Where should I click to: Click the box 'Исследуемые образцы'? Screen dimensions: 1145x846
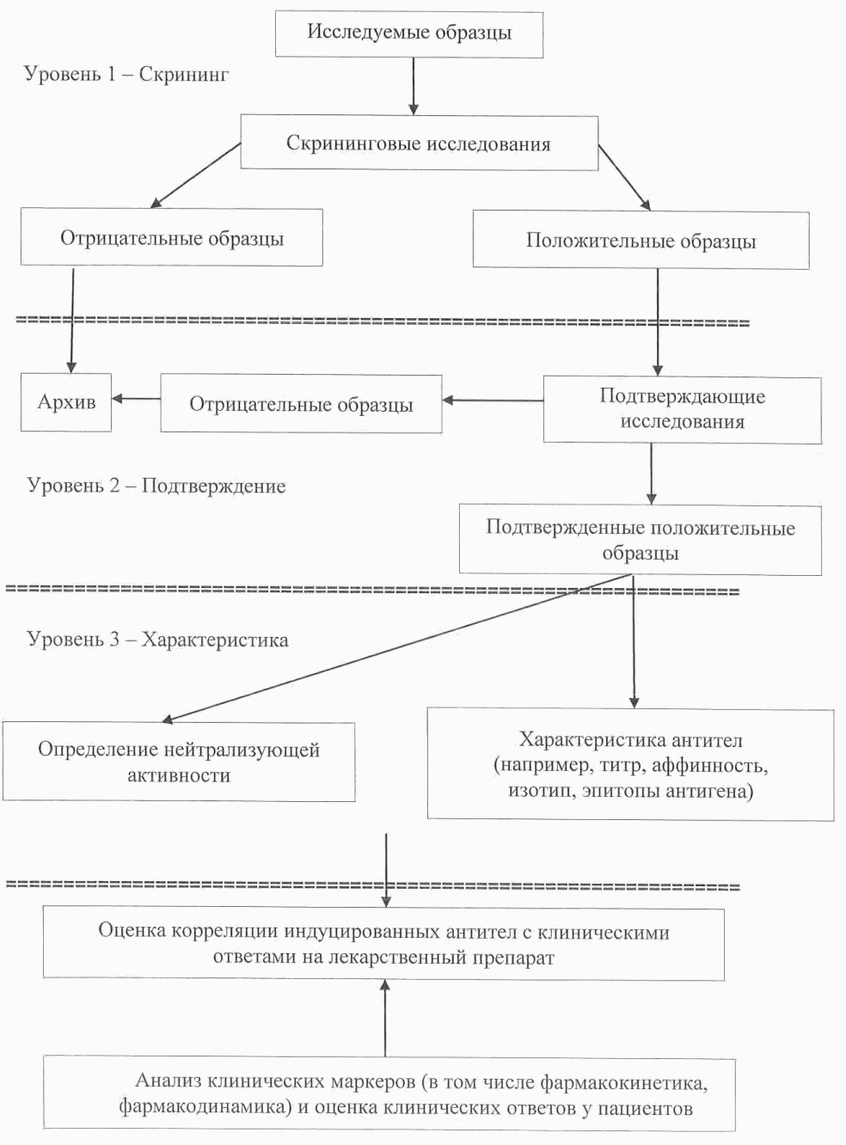(x=409, y=34)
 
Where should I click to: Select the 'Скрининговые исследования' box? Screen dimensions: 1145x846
(x=419, y=144)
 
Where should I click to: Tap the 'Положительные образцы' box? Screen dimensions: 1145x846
(x=641, y=241)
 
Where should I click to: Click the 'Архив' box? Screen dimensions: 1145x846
(x=66, y=401)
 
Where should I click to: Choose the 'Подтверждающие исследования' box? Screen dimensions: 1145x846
(x=682, y=409)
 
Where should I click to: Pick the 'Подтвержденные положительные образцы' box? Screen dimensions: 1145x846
(x=640, y=540)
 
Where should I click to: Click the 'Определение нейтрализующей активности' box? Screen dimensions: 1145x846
(x=178, y=762)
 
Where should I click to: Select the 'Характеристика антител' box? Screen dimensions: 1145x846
(x=630, y=764)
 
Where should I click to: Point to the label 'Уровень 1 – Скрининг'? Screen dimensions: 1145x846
(x=126, y=74)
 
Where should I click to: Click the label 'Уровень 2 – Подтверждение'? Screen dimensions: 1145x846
(x=156, y=486)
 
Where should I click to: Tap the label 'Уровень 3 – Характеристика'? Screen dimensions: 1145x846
(x=157, y=640)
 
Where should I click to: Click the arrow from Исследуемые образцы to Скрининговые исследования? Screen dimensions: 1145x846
(x=414, y=86)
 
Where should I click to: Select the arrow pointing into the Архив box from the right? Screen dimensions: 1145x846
(x=136, y=398)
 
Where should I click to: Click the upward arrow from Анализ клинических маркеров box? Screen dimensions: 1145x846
(x=385, y=1019)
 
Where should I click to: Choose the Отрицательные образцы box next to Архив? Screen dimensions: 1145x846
(x=301, y=404)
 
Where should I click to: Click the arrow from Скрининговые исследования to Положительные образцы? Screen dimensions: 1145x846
(x=624, y=177)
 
